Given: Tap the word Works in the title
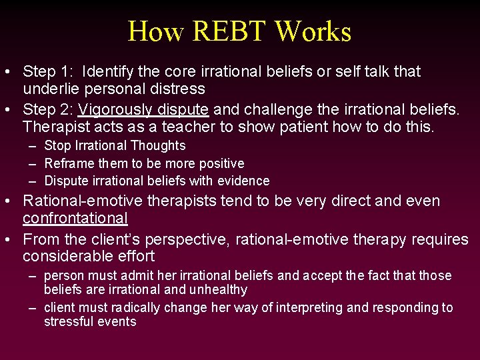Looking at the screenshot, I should point(313,31).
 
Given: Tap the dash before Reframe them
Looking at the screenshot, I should point(32,163).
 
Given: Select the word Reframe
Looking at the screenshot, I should point(70,163).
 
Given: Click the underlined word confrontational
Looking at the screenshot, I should point(75,218).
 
